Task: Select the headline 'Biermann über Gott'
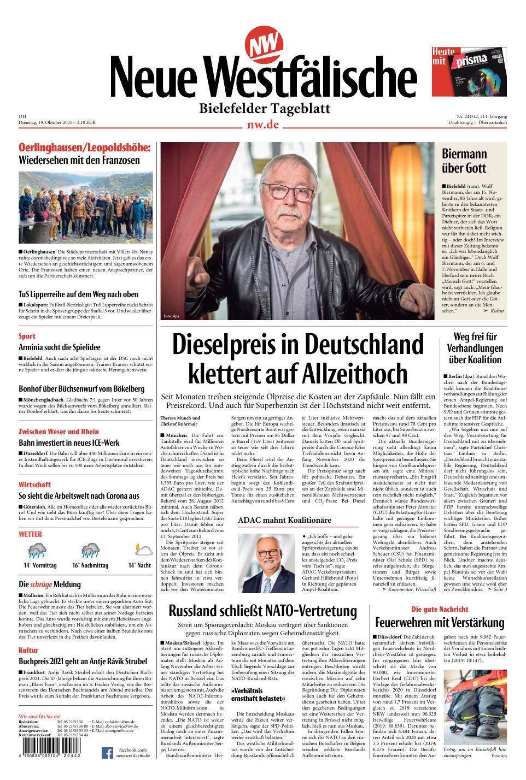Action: [x=464, y=161]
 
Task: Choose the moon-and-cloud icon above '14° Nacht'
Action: [x=139, y=550]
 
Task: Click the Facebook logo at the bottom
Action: [x=107, y=754]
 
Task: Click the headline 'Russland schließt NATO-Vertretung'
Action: [x=262, y=610]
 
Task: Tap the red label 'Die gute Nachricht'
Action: [x=440, y=609]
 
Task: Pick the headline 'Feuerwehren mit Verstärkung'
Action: [x=440, y=623]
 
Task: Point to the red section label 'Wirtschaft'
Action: [x=34, y=484]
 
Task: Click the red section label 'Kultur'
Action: [x=28, y=650]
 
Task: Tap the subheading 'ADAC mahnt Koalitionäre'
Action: [x=284, y=520]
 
